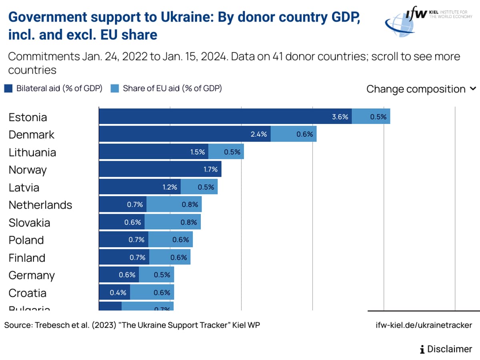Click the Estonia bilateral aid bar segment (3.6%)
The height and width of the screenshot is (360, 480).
pyautogui.click(x=225, y=116)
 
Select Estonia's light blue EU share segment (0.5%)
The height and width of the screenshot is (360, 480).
pyautogui.click(x=371, y=116)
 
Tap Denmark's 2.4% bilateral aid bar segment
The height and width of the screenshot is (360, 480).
pyautogui.click(x=184, y=134)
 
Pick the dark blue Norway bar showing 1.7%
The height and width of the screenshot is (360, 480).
pyautogui.click(x=160, y=169)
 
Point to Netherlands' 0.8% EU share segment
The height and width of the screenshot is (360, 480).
pyautogui.click(x=174, y=204)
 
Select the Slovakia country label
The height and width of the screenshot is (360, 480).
pyautogui.click(x=29, y=222)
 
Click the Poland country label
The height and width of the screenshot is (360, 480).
pyautogui.click(x=26, y=240)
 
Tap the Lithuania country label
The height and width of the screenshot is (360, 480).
pyautogui.click(x=32, y=152)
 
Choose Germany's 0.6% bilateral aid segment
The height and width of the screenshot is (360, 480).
pyautogui.click(x=119, y=275)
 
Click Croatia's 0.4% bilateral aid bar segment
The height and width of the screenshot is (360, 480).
pyautogui.click(x=114, y=292)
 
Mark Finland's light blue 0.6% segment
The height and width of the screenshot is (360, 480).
pyautogui.click(x=170, y=257)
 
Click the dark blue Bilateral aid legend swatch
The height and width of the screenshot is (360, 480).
pyautogui.click(x=8, y=88)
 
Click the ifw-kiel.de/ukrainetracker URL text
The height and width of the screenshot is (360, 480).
pyautogui.click(x=424, y=325)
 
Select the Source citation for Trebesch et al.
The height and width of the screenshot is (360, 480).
pyautogui.click(x=132, y=325)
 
